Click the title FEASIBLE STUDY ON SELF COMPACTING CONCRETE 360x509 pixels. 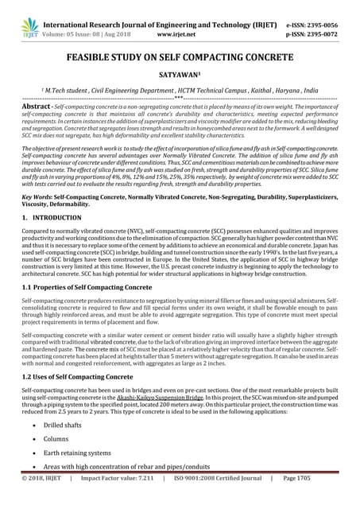point(180,57)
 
